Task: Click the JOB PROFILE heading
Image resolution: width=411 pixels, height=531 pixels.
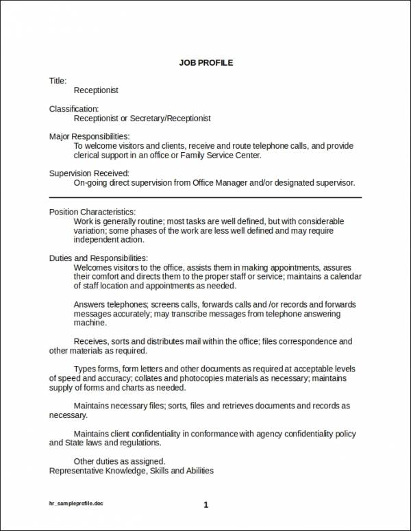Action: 206,63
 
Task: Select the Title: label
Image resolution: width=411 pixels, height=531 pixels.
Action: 58,81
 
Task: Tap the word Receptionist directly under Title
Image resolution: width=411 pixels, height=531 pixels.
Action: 96,90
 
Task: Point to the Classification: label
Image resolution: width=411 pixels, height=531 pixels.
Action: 74,109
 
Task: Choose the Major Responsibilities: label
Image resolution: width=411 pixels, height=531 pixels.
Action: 90,136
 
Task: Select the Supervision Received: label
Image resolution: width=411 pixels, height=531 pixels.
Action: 89,173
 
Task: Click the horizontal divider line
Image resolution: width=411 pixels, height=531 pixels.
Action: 206,197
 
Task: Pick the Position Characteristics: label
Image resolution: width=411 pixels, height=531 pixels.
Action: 92,212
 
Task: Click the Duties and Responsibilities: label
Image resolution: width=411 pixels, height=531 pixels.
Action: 99,258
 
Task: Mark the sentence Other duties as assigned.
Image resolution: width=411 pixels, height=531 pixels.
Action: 119,461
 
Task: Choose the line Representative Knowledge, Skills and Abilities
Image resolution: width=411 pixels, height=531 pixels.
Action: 132,471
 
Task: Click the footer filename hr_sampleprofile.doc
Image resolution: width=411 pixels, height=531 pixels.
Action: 74,504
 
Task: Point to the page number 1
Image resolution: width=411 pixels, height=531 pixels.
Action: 206,505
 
